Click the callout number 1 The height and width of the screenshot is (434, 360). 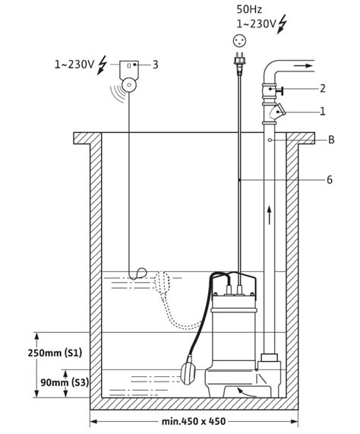(322, 111)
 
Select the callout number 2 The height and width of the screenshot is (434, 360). (322, 89)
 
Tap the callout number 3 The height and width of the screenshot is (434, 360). (155, 65)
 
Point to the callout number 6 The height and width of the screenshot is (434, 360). (329, 180)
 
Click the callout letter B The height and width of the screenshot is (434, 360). (331, 140)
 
